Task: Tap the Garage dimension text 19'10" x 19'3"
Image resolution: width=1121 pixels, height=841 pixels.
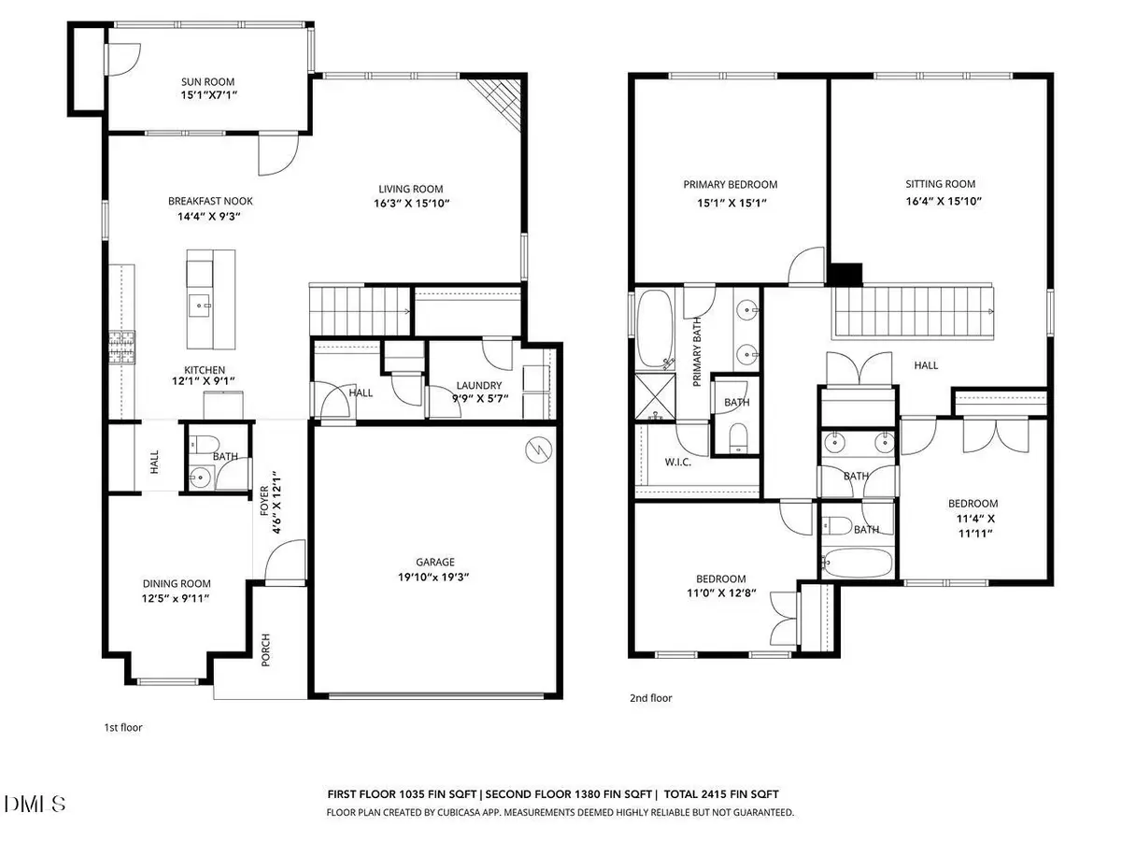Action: click(435, 577)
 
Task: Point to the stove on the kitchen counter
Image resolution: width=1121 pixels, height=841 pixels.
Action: click(122, 345)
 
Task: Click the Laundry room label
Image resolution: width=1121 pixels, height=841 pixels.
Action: click(479, 385)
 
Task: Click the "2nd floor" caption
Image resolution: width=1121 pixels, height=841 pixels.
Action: click(651, 698)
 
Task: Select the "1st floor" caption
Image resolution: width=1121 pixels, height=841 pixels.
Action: click(122, 726)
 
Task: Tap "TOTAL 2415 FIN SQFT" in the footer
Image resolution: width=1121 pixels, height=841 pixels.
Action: click(721, 793)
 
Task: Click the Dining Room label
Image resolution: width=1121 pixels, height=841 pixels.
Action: click(169, 581)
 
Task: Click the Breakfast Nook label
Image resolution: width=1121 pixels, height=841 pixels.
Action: click(210, 201)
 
